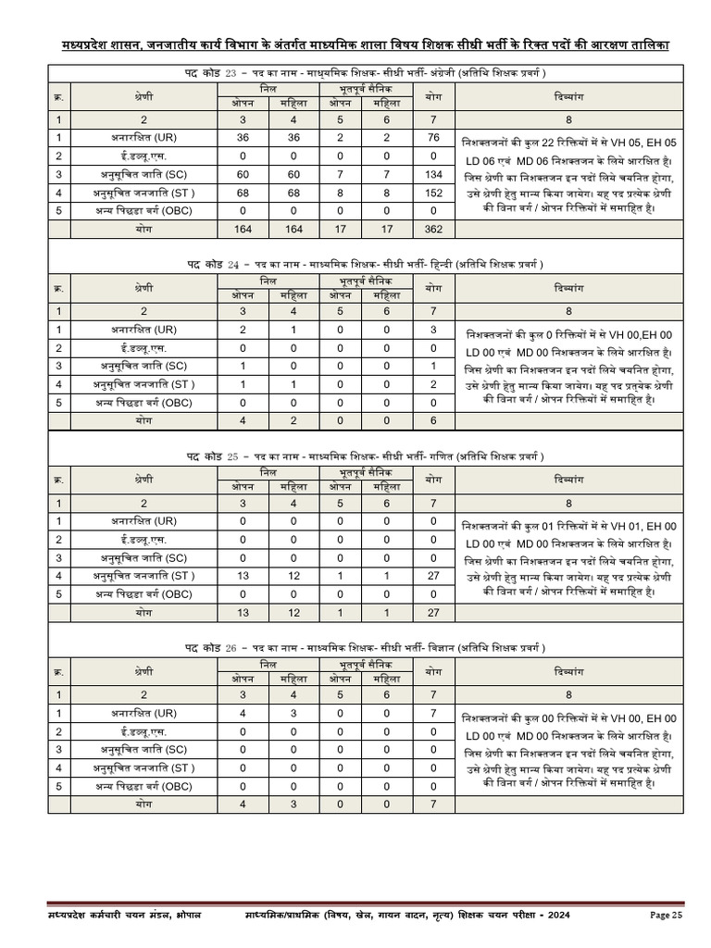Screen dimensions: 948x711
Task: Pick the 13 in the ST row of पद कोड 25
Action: point(243,576)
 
